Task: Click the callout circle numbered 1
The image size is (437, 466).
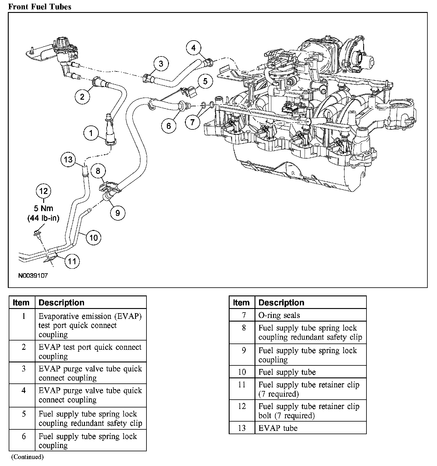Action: click(91, 132)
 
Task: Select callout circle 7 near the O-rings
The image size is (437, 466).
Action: click(192, 122)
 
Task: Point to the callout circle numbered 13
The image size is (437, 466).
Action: click(68, 159)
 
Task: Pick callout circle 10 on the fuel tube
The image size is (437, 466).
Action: click(94, 238)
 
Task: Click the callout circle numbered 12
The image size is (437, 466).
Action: click(44, 191)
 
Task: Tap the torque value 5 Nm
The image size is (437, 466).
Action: click(44, 209)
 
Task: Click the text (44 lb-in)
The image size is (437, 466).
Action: click(44, 218)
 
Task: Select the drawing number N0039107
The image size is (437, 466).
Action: click(33, 275)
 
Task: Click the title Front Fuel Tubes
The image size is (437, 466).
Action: click(40, 7)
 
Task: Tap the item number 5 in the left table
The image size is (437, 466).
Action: click(24, 414)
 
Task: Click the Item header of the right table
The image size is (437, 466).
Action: click(241, 302)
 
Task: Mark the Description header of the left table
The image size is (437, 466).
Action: click(62, 302)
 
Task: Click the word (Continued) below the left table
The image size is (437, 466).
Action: click(27, 457)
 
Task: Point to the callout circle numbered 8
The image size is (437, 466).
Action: click(98, 171)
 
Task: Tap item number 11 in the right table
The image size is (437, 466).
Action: click(242, 385)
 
